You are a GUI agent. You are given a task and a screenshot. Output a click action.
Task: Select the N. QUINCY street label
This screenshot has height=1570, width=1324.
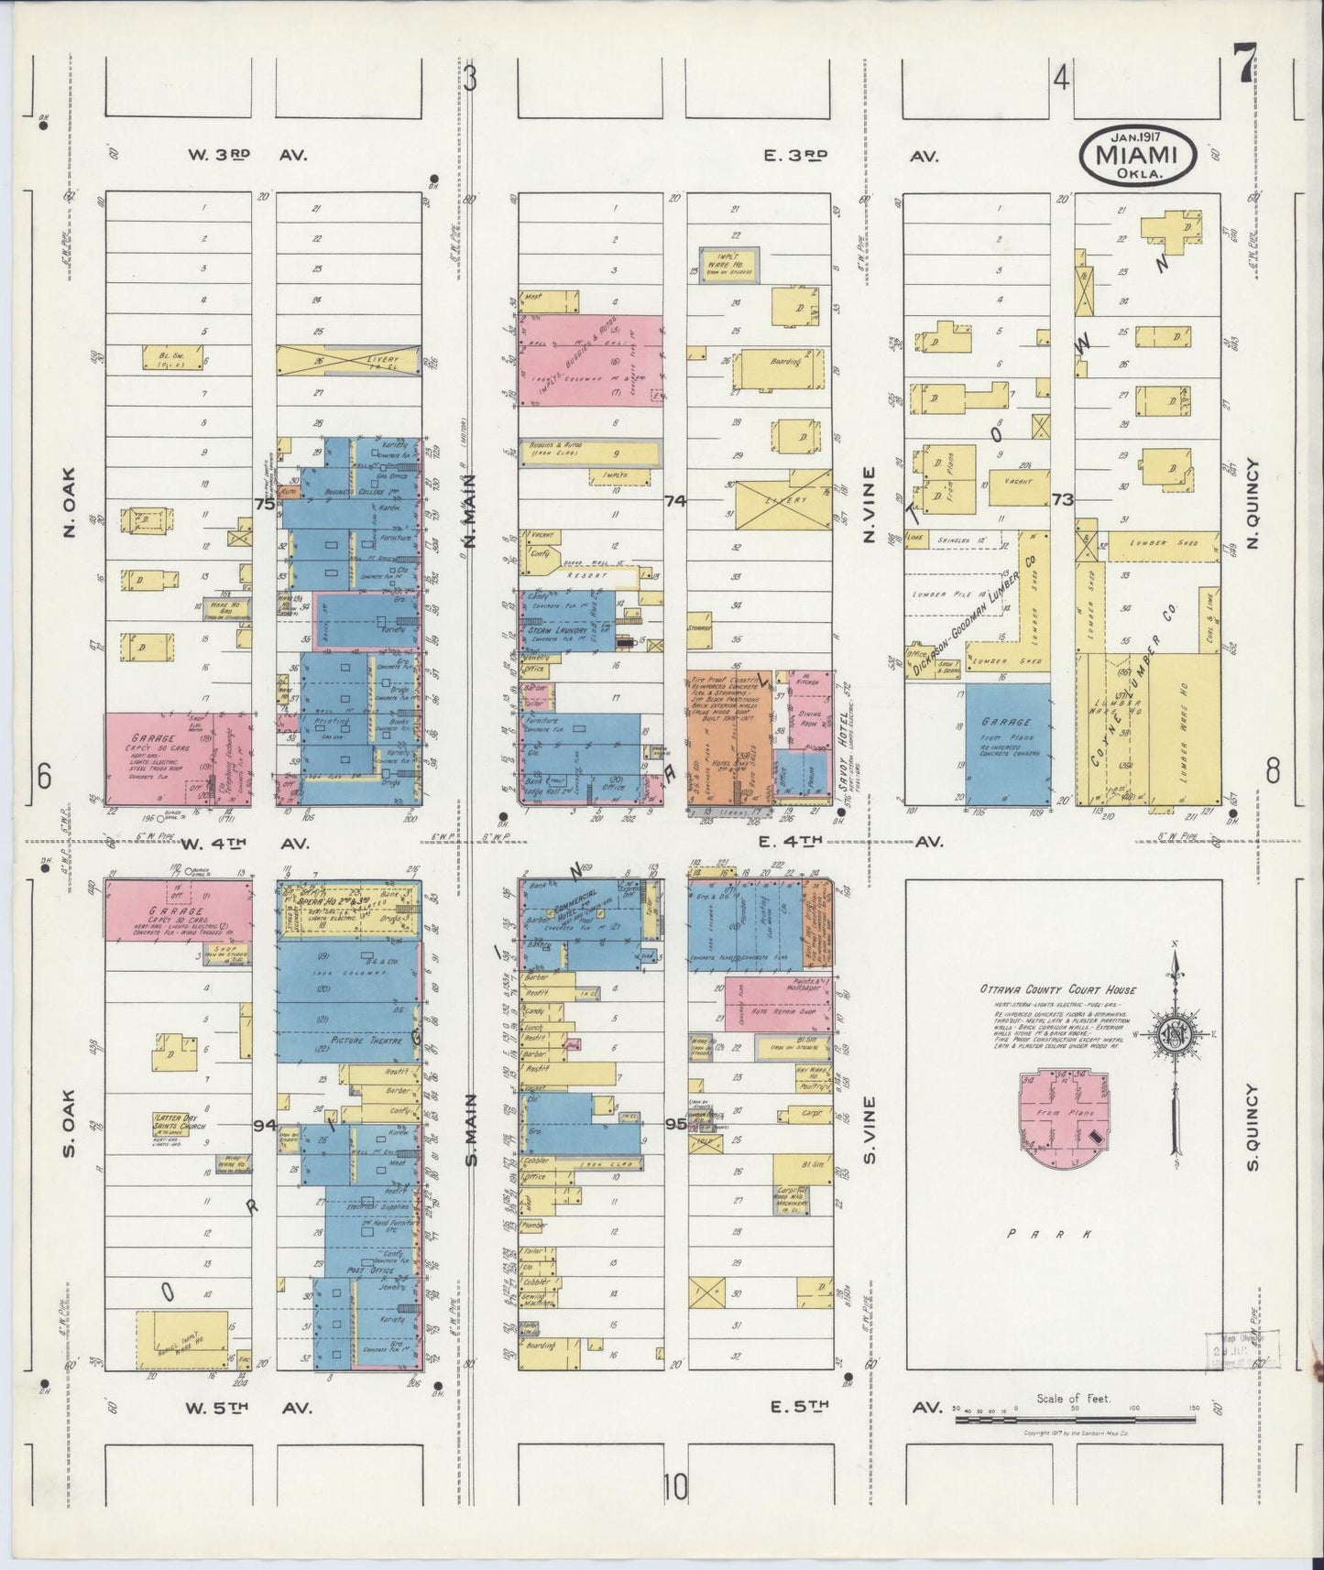pos(1254,505)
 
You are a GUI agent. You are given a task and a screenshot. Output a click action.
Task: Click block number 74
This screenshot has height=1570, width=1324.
pos(675,501)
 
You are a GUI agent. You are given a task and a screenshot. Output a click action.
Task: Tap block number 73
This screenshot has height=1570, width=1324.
pos(1063,500)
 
